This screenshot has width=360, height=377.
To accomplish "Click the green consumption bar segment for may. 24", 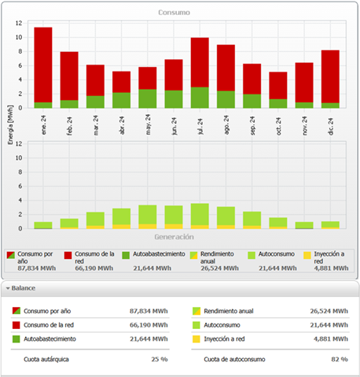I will pos(148,98).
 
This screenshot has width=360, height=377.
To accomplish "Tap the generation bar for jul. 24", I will pos(200,216).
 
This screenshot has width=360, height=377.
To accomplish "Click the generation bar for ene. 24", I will pos(43,225).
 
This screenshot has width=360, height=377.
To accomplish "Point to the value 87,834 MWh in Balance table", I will pos(148,310).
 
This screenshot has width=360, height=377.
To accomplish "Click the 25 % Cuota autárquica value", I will pos(159,359).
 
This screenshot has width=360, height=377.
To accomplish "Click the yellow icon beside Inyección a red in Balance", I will pos(197,339).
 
